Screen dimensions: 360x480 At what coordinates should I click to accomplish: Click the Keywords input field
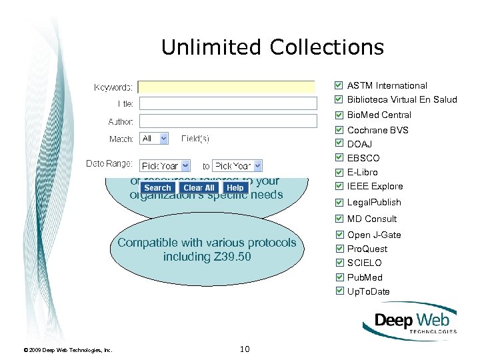tap(227, 87)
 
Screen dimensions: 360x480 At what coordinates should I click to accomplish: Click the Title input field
tap(228, 103)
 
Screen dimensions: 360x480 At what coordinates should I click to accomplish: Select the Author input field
tap(228, 121)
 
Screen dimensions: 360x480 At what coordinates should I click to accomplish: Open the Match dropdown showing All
tap(154, 138)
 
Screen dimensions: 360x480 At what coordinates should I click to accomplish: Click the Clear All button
tap(199, 188)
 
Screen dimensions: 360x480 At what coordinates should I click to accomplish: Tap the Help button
tap(235, 188)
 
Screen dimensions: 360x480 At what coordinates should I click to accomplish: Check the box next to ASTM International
tap(339, 85)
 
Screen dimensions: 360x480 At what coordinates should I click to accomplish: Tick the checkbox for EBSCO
tap(339, 158)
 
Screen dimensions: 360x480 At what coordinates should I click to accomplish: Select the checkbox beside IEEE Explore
tap(339, 186)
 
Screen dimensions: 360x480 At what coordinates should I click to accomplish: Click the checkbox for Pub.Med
tap(339, 277)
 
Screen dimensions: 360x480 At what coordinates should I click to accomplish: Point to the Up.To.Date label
tap(369, 291)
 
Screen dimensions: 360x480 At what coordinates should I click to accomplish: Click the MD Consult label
tap(372, 219)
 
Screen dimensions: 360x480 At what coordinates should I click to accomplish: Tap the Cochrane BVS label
tap(378, 130)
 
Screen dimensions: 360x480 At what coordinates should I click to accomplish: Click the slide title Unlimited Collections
tap(272, 47)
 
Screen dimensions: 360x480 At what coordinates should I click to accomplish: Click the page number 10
tap(244, 349)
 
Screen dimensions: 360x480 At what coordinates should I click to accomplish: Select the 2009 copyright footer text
tap(67, 350)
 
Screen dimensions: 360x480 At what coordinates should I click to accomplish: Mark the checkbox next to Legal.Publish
tap(339, 202)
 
